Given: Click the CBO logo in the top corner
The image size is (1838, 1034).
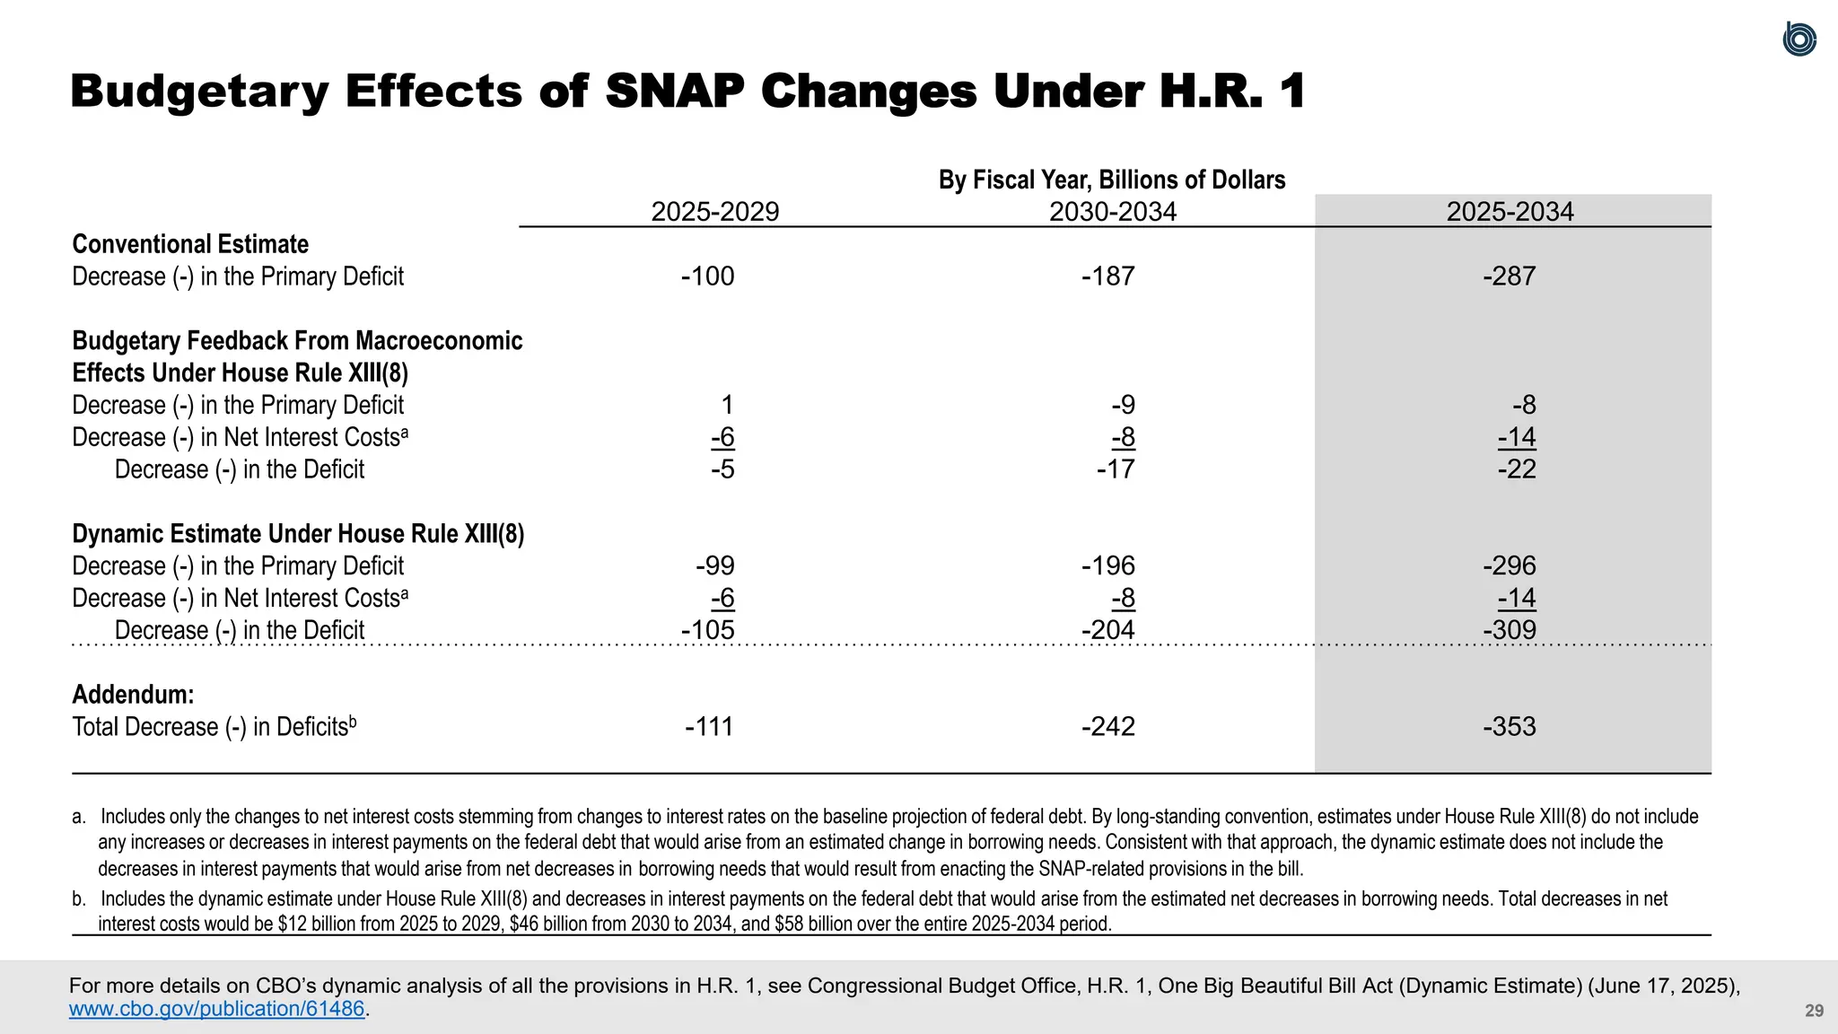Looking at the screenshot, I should click(x=1799, y=39).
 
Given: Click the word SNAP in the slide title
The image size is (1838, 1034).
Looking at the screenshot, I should click(x=675, y=92).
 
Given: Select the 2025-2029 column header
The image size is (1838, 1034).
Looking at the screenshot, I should click(x=714, y=212).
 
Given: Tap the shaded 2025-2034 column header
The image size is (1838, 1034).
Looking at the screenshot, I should click(x=1510, y=212).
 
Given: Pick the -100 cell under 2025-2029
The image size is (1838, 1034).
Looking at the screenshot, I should click(x=707, y=276).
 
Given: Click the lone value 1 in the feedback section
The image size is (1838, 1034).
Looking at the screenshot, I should click(x=727, y=405).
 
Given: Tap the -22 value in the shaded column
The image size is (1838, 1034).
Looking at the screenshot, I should click(x=1517, y=469).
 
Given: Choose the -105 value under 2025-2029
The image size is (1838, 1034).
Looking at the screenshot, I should click(x=707, y=630).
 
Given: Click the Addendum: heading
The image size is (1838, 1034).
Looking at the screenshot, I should click(x=133, y=695).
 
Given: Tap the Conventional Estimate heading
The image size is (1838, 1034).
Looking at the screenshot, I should click(x=190, y=244).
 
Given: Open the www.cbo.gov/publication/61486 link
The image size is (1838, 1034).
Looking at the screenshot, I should click(x=217, y=1009).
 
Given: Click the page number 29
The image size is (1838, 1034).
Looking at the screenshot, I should click(x=1814, y=1011).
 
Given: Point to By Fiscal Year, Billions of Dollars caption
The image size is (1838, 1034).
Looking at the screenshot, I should click(x=1112, y=180).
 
